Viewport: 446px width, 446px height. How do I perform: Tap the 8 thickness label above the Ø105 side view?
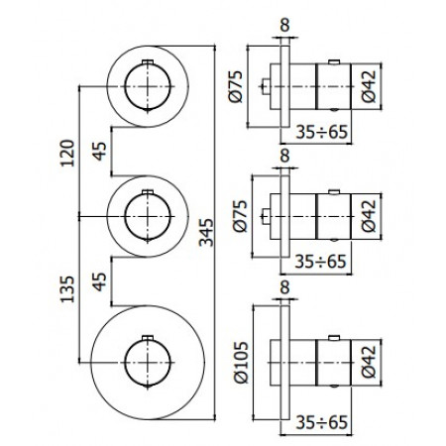pos(285,287)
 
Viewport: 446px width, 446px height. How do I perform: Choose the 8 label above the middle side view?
pos(285,157)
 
